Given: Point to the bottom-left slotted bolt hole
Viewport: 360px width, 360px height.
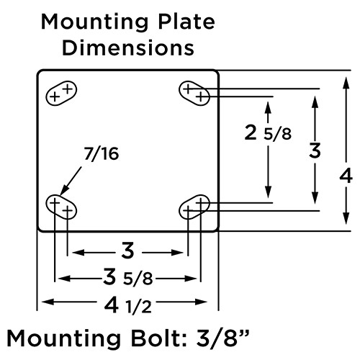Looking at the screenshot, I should coord(61,207).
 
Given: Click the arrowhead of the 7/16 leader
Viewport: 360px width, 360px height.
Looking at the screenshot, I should coord(60,194).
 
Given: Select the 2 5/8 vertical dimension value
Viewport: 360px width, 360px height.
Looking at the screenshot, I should coord(267,133).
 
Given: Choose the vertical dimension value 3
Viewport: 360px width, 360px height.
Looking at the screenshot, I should coord(315,151).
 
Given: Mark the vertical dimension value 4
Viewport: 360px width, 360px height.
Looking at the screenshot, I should coord(346,175).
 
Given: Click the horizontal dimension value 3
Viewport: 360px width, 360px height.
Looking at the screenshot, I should coord(127,251).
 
